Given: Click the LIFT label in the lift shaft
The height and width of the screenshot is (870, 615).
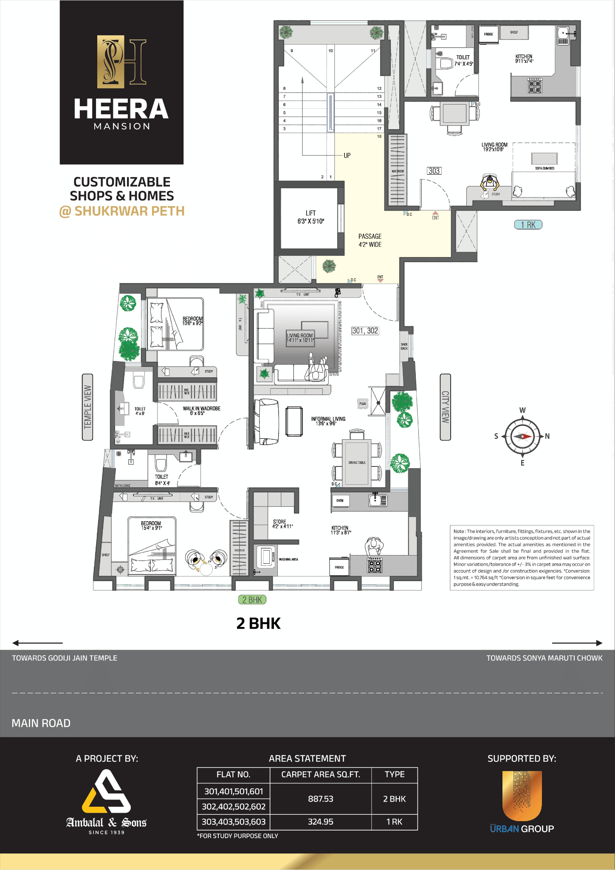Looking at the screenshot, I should pos(310,217).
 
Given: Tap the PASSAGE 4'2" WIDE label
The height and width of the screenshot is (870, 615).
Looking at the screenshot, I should pos(370,240).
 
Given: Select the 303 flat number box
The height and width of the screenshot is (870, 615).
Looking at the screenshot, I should pos(434,171).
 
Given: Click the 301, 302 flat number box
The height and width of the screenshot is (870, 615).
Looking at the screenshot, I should pos(365,331).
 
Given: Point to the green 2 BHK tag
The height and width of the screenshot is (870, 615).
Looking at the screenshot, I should pos(252,600).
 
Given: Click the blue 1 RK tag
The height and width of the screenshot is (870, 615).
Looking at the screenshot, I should pos(528,225).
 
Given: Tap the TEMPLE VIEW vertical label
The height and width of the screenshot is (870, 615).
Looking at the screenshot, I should pos(87,407).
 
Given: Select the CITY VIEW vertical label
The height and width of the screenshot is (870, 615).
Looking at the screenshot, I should pos(445,407).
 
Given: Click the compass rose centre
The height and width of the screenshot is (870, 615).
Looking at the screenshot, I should pos(522,436).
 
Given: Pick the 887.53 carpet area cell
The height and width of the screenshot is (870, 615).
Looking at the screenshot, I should pos(320,799).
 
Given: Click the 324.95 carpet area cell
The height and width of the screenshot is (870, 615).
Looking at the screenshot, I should pos(320,822).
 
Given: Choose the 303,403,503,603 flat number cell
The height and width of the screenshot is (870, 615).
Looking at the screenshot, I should pos(234,822).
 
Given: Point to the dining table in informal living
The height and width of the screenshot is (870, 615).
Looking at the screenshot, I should pos(357,463).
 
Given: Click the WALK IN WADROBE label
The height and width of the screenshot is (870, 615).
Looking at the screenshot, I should pos(201,411).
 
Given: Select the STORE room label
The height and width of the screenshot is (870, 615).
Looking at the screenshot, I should pos(280,524).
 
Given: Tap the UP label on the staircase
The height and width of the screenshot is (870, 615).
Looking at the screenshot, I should pos(347,155).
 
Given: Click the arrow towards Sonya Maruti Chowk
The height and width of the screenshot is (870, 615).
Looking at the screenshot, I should pos(577,643).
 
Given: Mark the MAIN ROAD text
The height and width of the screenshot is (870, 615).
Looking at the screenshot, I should pos(41,723).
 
